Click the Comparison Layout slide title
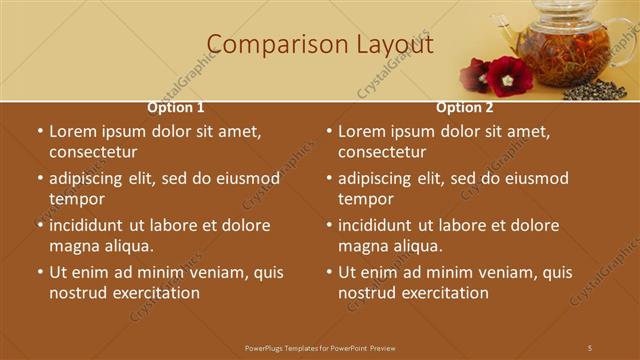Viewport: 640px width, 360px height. [x=320, y=45]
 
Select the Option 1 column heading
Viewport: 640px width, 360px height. [x=176, y=107]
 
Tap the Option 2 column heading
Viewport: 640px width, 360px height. [x=465, y=107]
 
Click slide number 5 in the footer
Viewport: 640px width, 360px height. [x=590, y=347]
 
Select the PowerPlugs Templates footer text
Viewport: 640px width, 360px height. [x=320, y=347]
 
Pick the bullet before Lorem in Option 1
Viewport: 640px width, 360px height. [x=39, y=131]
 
